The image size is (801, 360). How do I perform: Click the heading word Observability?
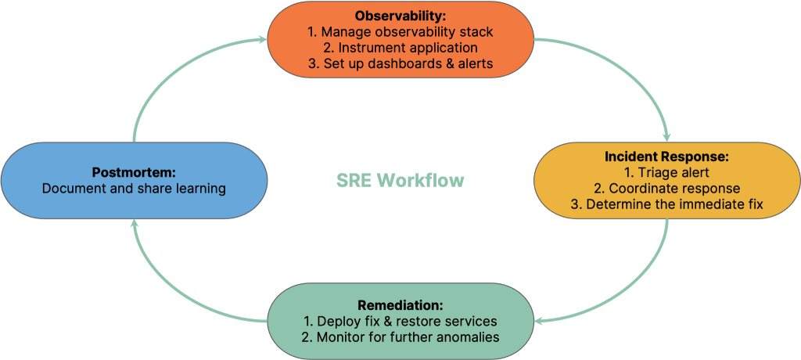pyautogui.click(x=400, y=16)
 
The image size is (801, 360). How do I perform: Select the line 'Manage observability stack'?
pyautogui.click(x=400, y=32)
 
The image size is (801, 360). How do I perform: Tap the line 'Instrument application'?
pyautogui.click(x=400, y=49)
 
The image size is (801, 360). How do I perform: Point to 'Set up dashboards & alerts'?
pyautogui.click(x=400, y=64)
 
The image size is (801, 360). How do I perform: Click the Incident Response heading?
pyautogui.click(x=666, y=157)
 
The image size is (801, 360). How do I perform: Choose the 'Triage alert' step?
pyautogui.click(x=666, y=173)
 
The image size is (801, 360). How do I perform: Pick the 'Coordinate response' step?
pyautogui.click(x=666, y=189)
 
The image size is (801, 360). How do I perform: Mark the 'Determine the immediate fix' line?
pyautogui.click(x=666, y=205)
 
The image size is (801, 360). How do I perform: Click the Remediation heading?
pyautogui.click(x=400, y=305)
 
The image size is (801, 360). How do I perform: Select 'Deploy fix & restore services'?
pyautogui.click(x=400, y=322)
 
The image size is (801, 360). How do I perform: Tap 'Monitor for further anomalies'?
pyautogui.click(x=400, y=337)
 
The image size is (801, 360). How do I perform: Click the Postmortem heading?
pyautogui.click(x=134, y=172)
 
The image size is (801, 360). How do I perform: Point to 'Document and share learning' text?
pyautogui.click(x=134, y=189)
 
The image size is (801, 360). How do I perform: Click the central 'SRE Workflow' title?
pyautogui.click(x=400, y=181)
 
